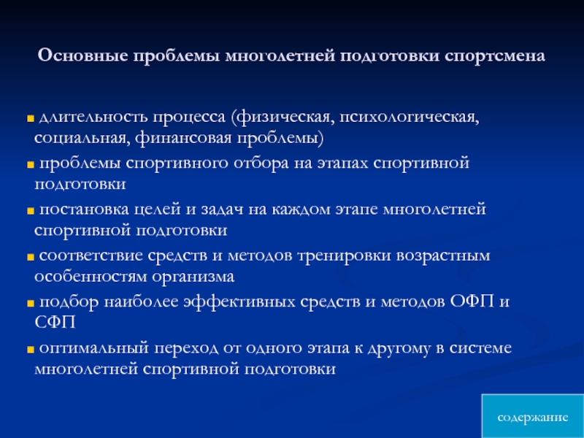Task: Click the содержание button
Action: [x=533, y=417]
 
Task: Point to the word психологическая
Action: [x=409, y=118]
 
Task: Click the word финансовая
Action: [x=184, y=138]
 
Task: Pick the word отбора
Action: [x=261, y=164]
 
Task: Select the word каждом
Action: [x=301, y=210]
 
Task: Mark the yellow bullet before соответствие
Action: [x=31, y=257]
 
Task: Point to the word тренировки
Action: [x=344, y=256]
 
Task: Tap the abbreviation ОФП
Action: [x=472, y=301]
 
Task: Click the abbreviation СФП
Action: [x=55, y=322]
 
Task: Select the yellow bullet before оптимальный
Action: [x=31, y=350]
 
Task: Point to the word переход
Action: [x=186, y=349]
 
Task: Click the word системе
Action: [x=480, y=348]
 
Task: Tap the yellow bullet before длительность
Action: [x=31, y=118]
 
